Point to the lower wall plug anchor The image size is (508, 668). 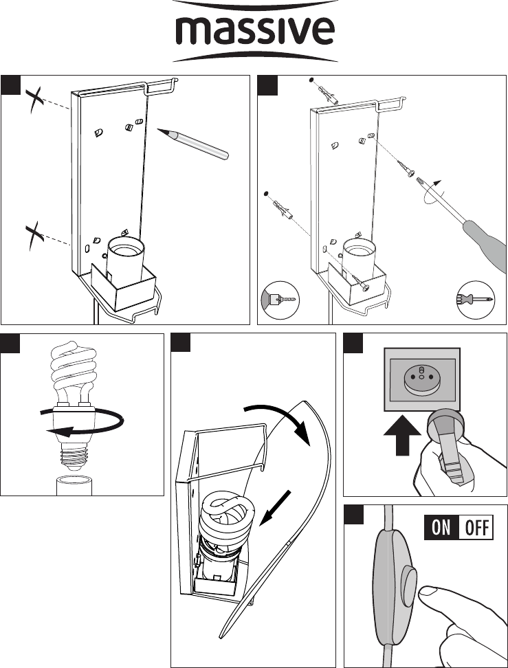click(x=282, y=205)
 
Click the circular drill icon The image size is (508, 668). click(x=280, y=301)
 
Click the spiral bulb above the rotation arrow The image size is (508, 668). click(x=71, y=375)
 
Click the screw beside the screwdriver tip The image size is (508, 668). click(x=402, y=164)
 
